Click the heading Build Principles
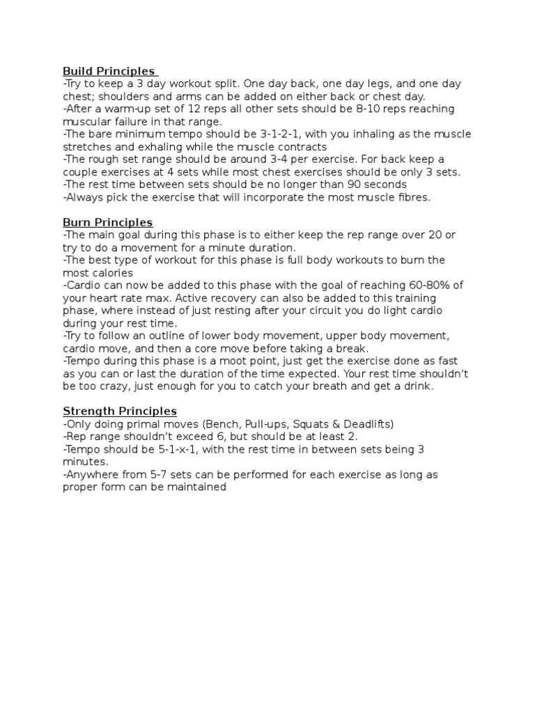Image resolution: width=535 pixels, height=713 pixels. tap(109, 71)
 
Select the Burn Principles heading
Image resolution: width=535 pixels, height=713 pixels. tap(107, 222)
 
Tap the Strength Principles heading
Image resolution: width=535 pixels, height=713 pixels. tap(119, 411)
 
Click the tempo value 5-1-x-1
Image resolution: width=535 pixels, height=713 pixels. tap(183, 449)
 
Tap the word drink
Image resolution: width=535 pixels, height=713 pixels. tap(418, 386)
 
